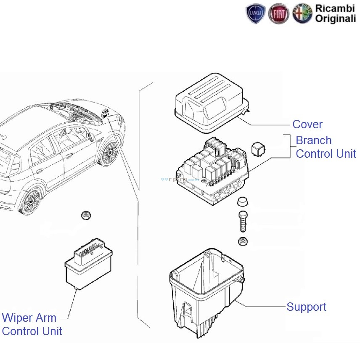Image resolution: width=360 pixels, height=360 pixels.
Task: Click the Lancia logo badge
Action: (x=256, y=14)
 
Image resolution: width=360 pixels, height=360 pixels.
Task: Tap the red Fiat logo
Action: (x=279, y=14)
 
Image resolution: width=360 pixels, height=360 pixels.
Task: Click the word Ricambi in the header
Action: (x=335, y=8)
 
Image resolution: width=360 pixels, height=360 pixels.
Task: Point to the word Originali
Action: (x=335, y=19)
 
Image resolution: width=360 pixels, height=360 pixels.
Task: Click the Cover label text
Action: (x=307, y=124)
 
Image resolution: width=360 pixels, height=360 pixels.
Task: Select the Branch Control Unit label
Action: (x=326, y=147)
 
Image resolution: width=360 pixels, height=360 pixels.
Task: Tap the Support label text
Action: (x=306, y=307)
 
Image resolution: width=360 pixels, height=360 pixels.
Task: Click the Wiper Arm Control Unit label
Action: (x=32, y=324)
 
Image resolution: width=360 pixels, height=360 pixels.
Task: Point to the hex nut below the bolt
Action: (x=243, y=241)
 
